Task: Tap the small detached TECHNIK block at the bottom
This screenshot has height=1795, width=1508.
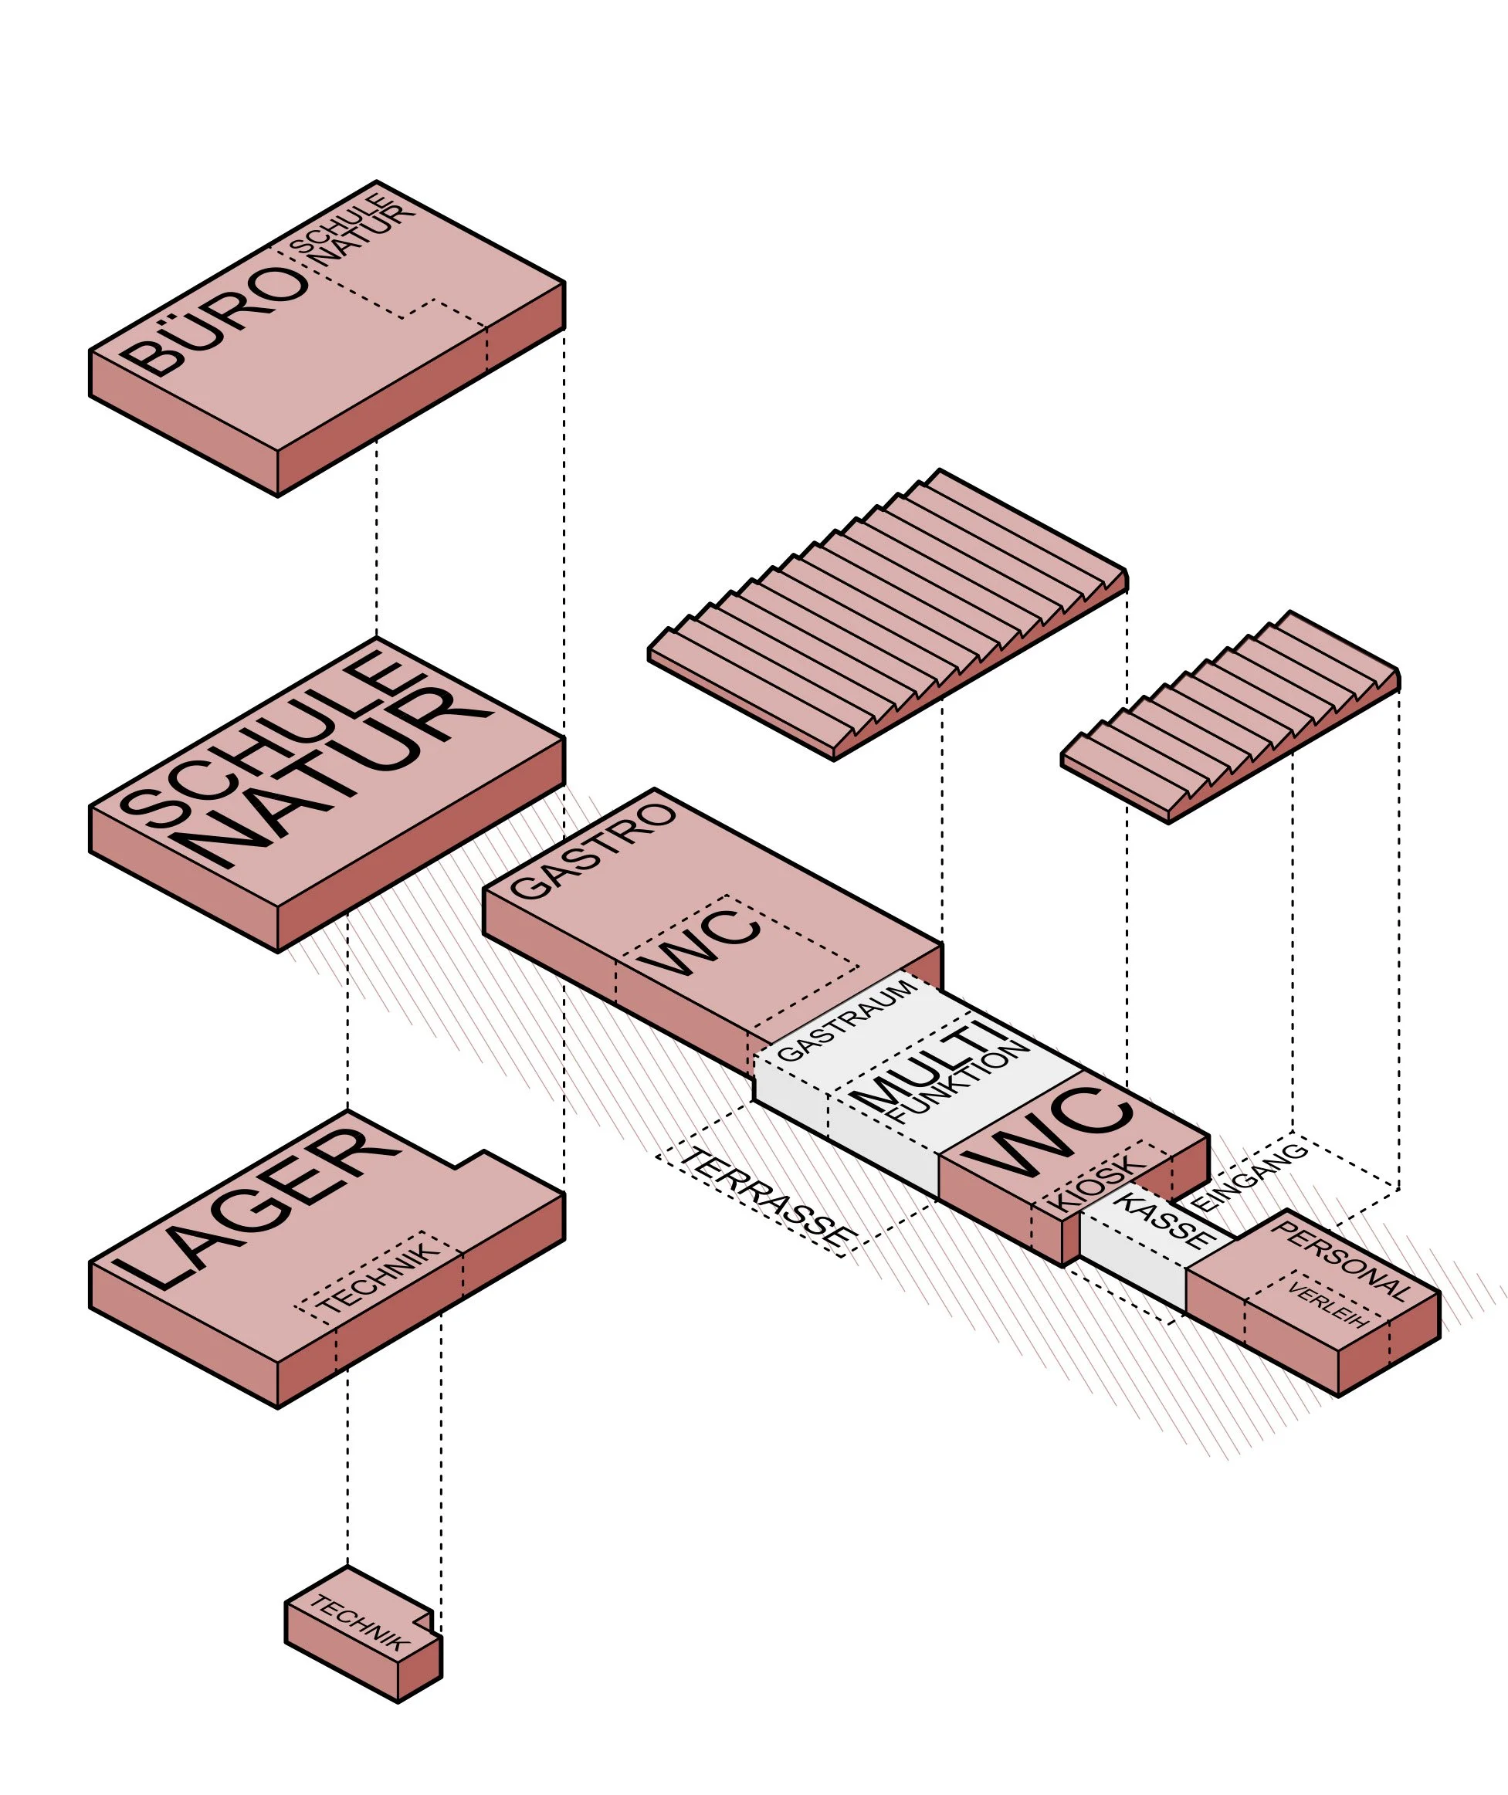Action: pyautogui.click(x=364, y=1633)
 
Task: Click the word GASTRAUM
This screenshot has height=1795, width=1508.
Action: pyautogui.click(x=846, y=1021)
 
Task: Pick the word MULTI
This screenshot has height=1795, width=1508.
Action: pyautogui.click(x=932, y=1063)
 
